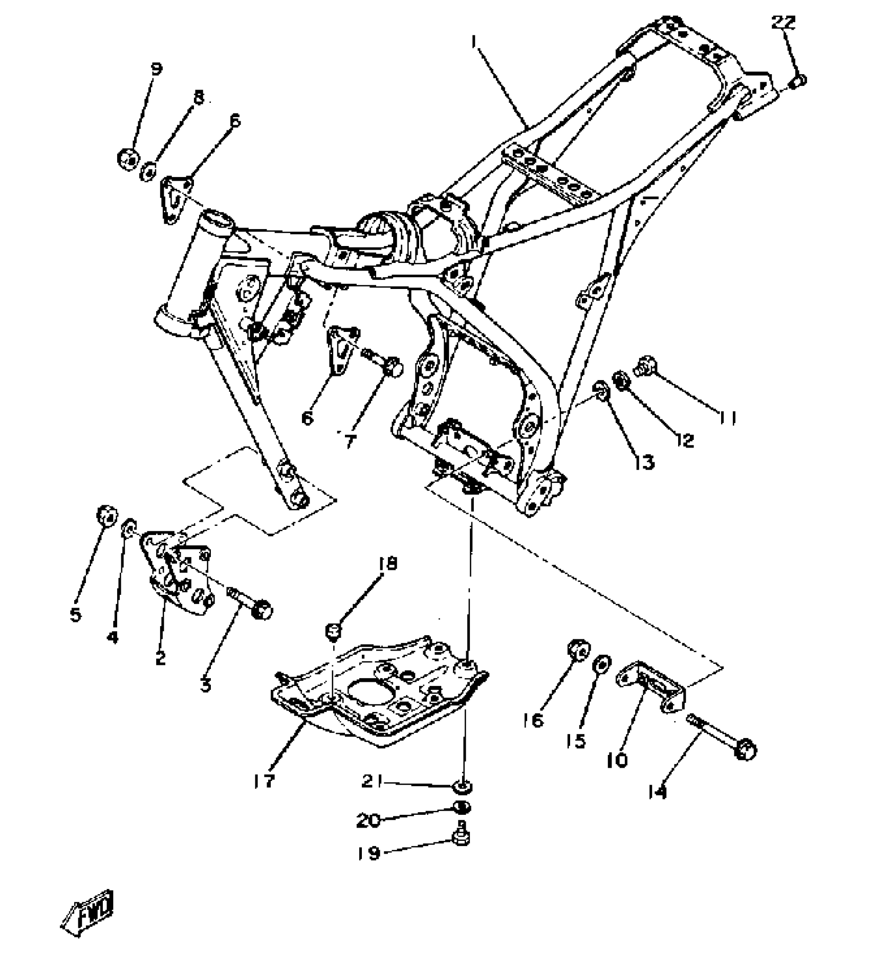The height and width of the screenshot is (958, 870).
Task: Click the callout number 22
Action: coord(784,23)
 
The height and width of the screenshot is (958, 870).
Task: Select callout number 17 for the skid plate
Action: coord(264,781)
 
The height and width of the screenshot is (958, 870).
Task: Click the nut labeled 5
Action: coord(107,516)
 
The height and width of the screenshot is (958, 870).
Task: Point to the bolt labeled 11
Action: coord(646,366)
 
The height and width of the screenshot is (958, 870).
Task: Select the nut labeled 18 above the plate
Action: coord(333,632)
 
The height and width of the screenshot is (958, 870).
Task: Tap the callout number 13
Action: coord(644,463)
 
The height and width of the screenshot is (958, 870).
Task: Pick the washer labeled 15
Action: coord(601,664)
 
